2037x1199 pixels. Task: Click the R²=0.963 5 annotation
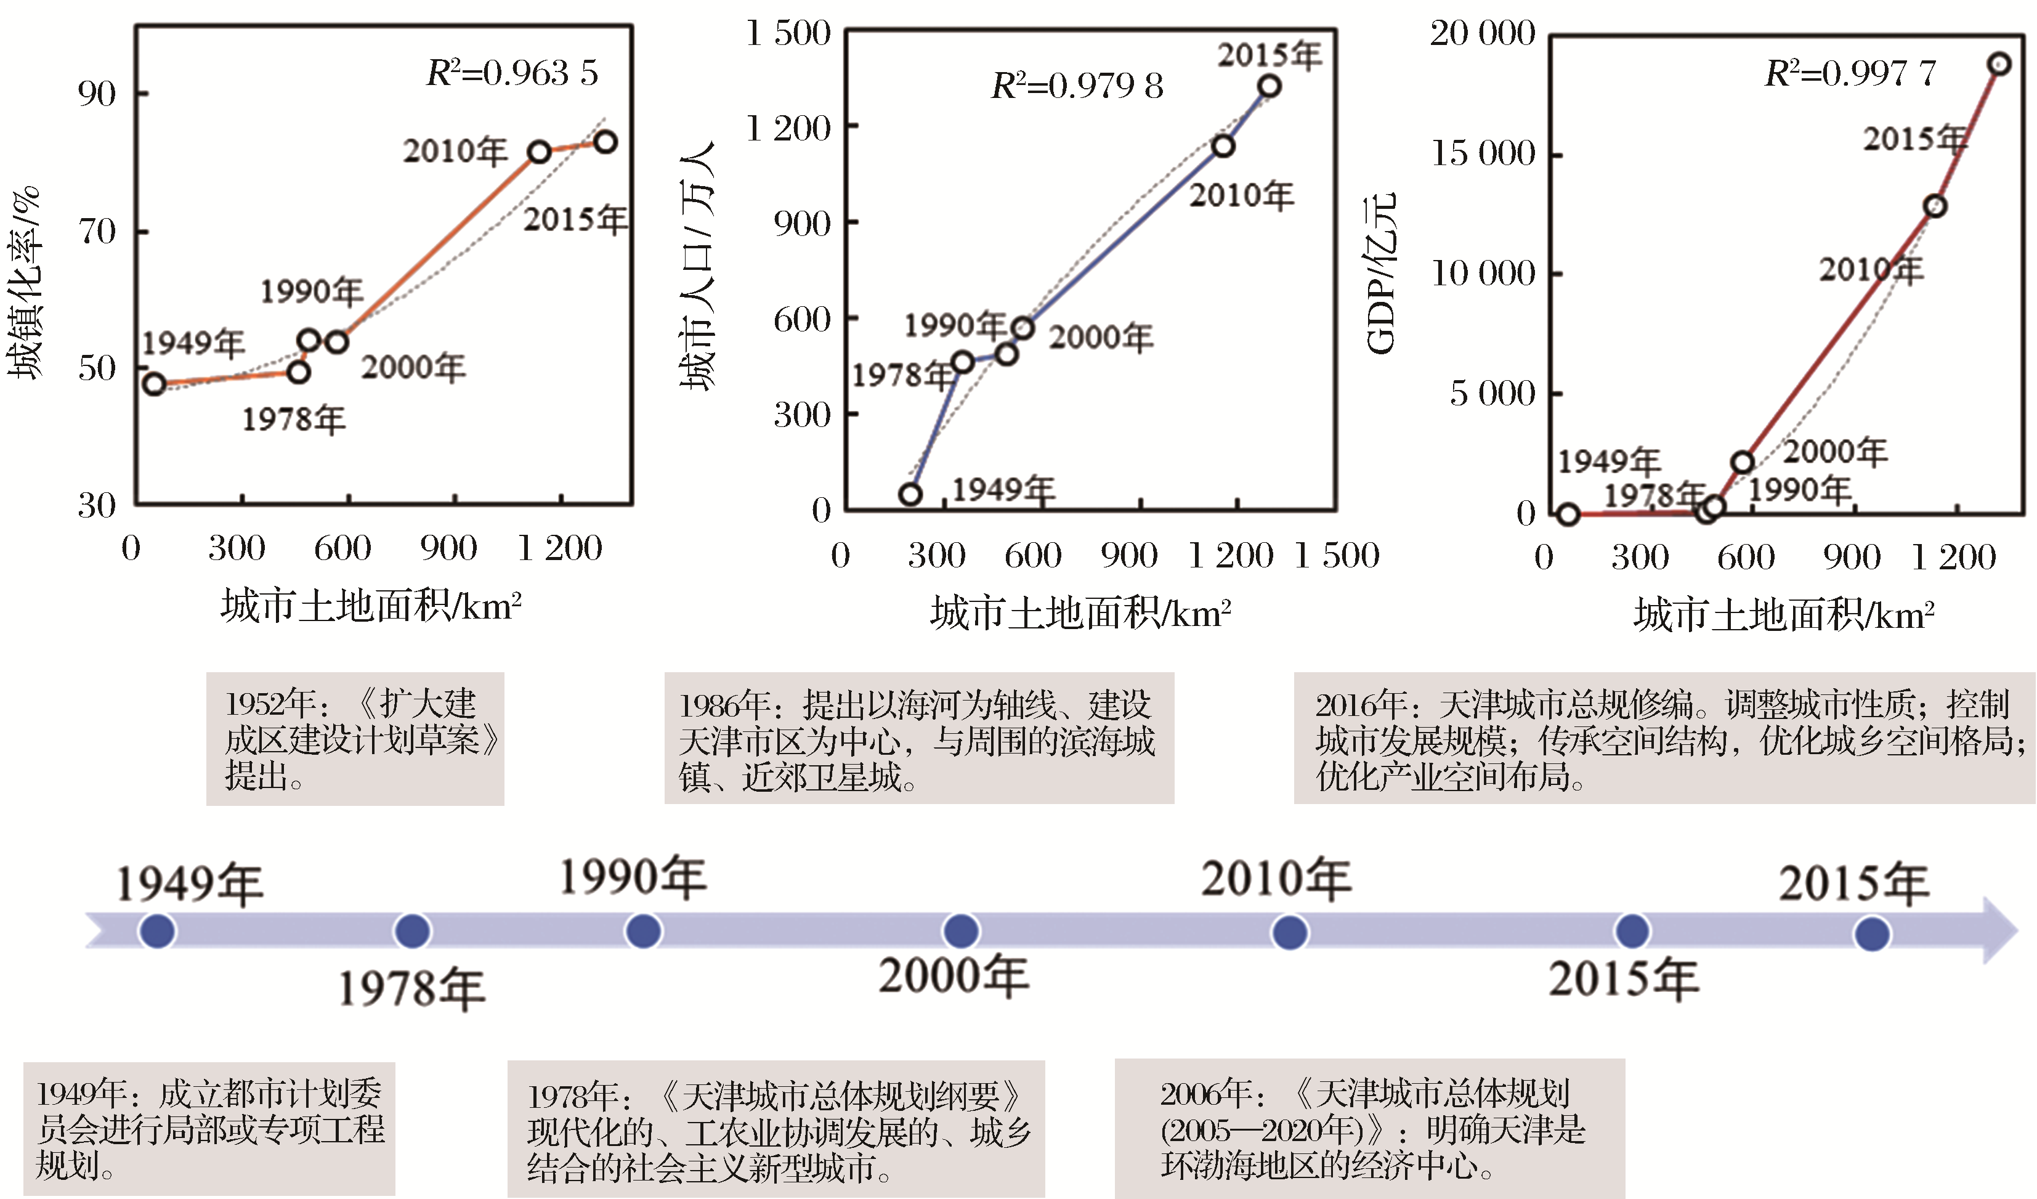(512, 73)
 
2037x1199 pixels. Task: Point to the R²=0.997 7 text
(1850, 73)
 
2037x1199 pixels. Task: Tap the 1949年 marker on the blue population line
(910, 494)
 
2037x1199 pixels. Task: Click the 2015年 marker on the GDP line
(1999, 64)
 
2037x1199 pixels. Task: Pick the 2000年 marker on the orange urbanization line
(337, 342)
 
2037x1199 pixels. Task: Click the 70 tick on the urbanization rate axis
(97, 232)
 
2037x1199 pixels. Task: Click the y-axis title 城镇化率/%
(23, 283)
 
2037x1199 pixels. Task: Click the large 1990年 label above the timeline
(633, 878)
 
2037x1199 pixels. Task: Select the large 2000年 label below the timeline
(954, 976)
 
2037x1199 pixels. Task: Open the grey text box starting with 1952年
(355, 739)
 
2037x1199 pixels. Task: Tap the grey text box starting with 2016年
(1664, 739)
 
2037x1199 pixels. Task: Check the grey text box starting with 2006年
(1369, 1129)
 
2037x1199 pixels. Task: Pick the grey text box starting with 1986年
(918, 739)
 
